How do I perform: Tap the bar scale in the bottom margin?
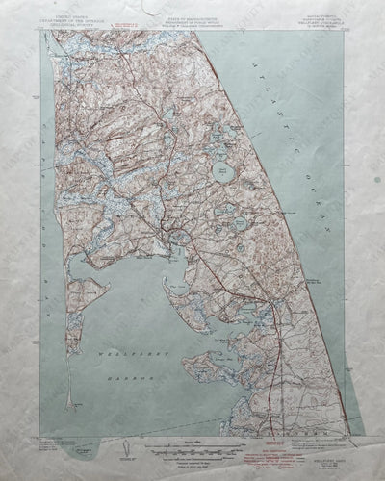pos(192,444)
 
